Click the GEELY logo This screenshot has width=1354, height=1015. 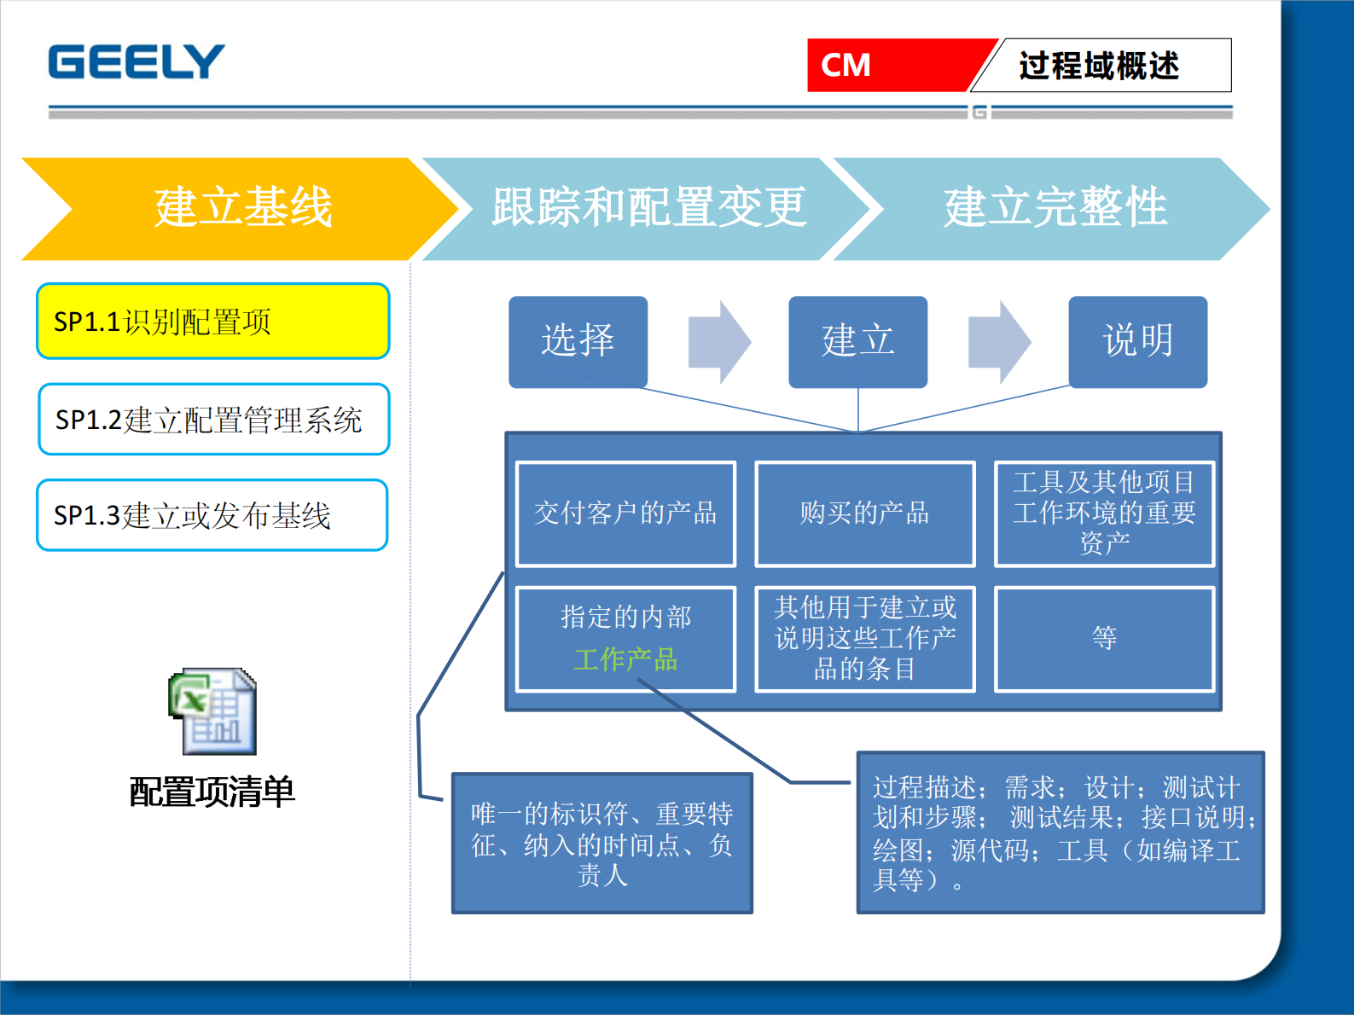[x=137, y=62]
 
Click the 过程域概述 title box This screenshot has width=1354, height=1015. [x=1101, y=66]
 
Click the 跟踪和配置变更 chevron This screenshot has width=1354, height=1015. [x=648, y=208]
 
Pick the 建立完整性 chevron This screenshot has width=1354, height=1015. [x=1055, y=208]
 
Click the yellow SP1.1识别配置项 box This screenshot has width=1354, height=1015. [x=213, y=322]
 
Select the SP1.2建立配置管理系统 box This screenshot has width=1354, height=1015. [x=213, y=420]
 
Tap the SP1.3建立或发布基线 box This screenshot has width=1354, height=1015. [x=212, y=515]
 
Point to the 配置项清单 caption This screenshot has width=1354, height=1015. [x=212, y=792]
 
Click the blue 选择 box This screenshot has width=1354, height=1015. [x=578, y=341]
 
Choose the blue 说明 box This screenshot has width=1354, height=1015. [x=1137, y=341]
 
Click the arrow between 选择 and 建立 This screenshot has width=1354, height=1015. [x=719, y=342]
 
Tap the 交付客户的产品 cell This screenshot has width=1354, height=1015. [x=625, y=513]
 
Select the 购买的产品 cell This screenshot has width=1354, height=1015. [x=864, y=513]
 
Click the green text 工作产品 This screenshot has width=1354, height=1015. [x=625, y=659]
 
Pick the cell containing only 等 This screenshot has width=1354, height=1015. [x=1104, y=639]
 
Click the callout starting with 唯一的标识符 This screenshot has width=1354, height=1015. [x=601, y=844]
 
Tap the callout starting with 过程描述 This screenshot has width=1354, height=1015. [x=1060, y=832]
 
